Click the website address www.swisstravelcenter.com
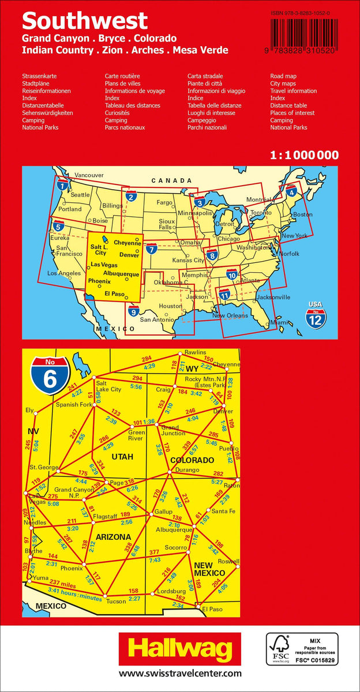[x=180, y=674]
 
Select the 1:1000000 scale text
[x=304, y=155]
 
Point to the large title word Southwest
[x=85, y=21]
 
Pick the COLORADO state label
[x=192, y=460]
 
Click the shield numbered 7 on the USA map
[x=152, y=249]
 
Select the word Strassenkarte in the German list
[x=39, y=76]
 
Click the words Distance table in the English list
[x=288, y=106]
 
